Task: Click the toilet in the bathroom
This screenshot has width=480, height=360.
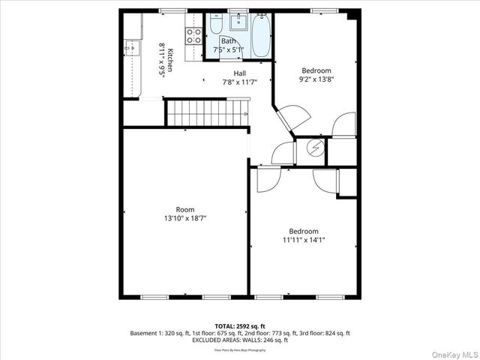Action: [214, 27]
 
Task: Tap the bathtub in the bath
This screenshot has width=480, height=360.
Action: [261, 34]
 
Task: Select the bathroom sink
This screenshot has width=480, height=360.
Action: [238, 21]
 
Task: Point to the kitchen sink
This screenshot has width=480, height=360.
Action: [131, 48]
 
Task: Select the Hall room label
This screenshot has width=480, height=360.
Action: [239, 73]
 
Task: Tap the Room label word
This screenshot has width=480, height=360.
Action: [184, 209]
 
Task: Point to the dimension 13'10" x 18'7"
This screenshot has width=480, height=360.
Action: [184, 218]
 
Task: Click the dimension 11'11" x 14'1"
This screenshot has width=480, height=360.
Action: [303, 241]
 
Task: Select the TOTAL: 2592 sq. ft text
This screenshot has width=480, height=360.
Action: [239, 326]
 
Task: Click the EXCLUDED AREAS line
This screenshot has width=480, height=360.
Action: [239, 340]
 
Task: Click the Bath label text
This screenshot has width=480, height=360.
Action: [228, 41]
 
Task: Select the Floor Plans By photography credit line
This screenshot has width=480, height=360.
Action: [239, 349]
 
